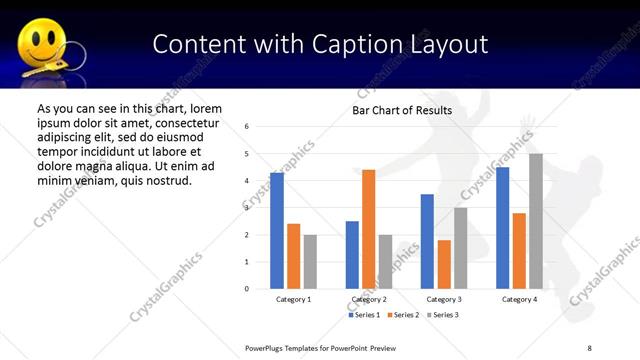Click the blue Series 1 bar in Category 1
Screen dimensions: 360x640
pyautogui.click(x=276, y=231)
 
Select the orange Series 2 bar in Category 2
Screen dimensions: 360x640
pyautogui.click(x=368, y=229)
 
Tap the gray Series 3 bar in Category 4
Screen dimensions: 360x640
pyautogui.click(x=536, y=221)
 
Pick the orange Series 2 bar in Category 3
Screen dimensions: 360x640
pyautogui.click(x=444, y=264)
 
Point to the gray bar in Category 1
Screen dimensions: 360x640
pyautogui.click(x=310, y=261)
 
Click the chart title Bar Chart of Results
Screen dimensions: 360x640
pyautogui.click(x=402, y=110)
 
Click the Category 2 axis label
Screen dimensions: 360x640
pyautogui.click(x=368, y=299)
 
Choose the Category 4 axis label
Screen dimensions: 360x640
pyautogui.click(x=519, y=299)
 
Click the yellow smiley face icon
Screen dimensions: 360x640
pyautogui.click(x=40, y=44)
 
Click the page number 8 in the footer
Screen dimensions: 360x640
pyautogui.click(x=589, y=347)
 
